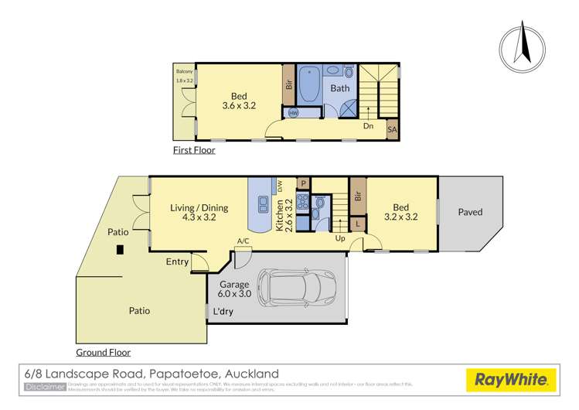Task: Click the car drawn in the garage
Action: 297,288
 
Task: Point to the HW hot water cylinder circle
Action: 294,113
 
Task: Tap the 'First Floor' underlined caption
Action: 193,151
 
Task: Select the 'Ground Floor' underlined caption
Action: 103,353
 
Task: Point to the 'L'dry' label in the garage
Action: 223,313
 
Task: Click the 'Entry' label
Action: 177,262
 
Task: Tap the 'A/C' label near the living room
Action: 243,241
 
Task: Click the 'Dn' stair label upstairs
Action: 368,125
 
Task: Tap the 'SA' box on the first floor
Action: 392,131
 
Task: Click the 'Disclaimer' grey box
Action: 45,386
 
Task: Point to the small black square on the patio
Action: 119,250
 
